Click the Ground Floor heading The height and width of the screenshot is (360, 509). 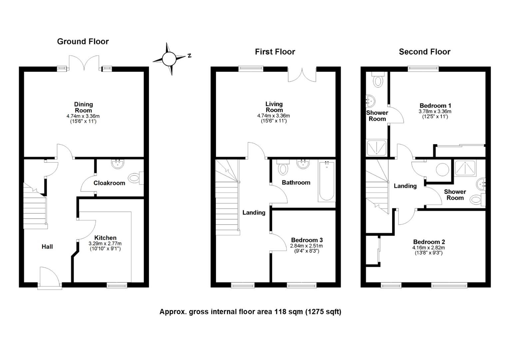click(83, 41)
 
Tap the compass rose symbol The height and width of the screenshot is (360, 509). click(169, 59)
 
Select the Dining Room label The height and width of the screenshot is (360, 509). click(83, 107)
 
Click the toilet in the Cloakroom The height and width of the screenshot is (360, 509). click(136, 178)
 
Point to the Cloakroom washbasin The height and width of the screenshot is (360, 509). click(118, 164)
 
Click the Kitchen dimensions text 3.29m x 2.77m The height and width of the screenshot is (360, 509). click(105, 244)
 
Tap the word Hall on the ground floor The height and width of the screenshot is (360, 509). click(47, 247)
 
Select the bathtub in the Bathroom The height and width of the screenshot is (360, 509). click(326, 181)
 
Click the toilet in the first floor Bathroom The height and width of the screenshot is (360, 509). click(283, 167)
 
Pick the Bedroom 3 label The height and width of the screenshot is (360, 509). click(307, 240)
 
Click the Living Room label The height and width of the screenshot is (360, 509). click(274, 107)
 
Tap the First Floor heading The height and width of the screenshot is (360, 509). click(275, 52)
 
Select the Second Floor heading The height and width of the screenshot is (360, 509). click(425, 52)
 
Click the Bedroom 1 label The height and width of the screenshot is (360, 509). click(435, 106)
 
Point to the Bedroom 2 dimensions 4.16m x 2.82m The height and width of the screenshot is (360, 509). click(429, 248)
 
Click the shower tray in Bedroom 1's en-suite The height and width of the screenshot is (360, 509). click(376, 148)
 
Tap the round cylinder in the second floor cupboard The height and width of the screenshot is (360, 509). click(442, 170)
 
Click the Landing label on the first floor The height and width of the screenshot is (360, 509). click(254, 212)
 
